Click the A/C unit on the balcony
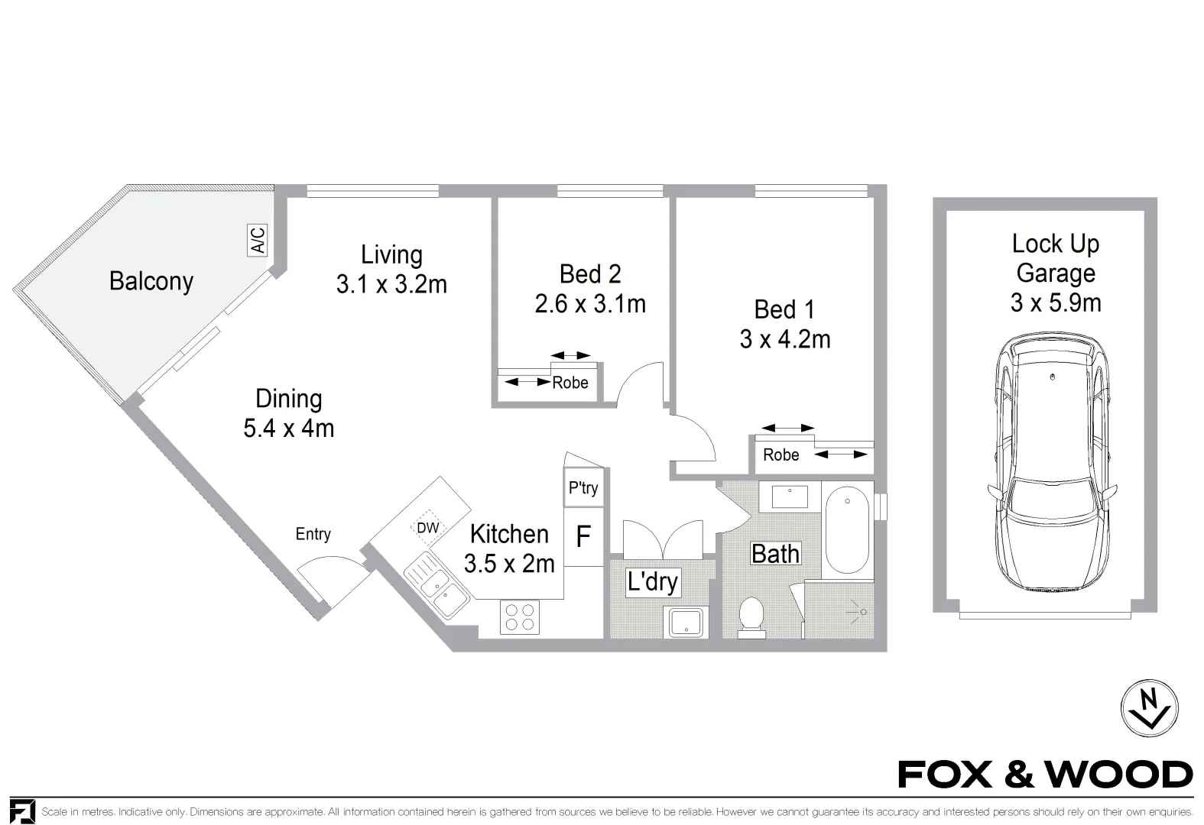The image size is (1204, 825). [258, 240]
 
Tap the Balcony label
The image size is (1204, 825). [151, 281]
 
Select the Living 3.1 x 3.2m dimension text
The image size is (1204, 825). [391, 284]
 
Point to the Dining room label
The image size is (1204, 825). [289, 399]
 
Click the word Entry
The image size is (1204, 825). [313, 534]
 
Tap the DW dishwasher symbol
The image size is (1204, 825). [428, 528]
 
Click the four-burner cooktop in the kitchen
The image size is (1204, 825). [520, 617]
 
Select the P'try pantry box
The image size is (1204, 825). [583, 487]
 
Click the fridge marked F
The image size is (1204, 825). [583, 536]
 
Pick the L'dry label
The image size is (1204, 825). [653, 582]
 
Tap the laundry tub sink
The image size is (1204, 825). [686, 622]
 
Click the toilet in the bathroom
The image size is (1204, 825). [751, 618]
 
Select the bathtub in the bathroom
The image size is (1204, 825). [847, 530]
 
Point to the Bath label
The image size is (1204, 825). [775, 554]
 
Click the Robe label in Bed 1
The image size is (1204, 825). [781, 455]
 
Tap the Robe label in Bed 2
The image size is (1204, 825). [570, 383]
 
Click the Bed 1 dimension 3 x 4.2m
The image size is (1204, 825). [785, 339]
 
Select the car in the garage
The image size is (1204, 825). [1052, 462]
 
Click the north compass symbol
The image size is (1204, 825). [1149, 708]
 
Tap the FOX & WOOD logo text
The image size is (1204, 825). [1046, 775]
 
